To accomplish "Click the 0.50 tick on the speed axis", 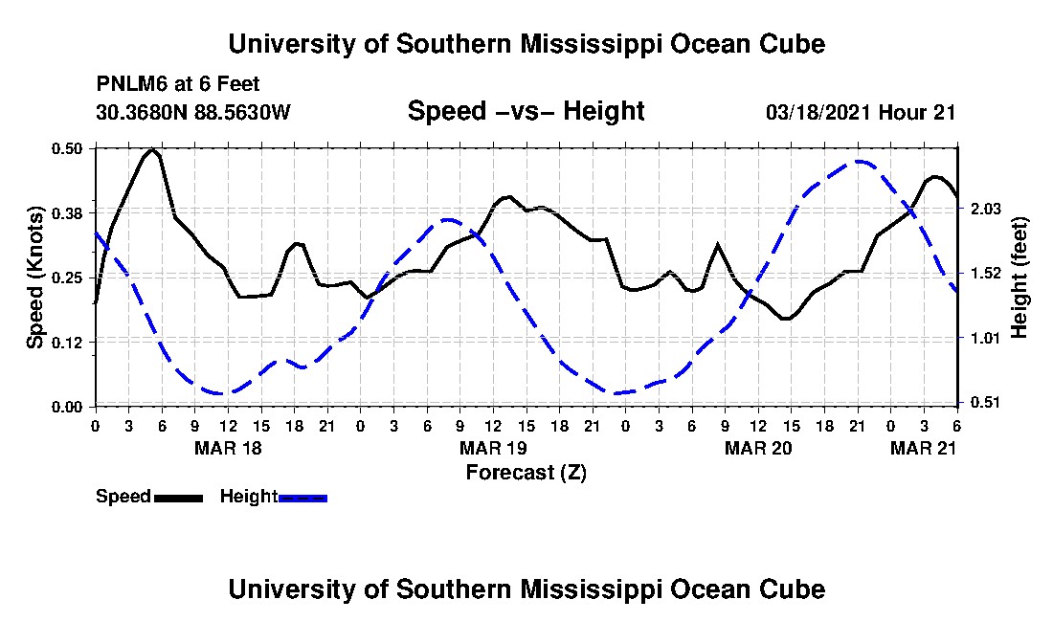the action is tap(67, 148).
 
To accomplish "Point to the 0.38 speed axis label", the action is tap(67, 213).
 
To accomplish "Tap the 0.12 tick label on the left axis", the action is tap(67, 343).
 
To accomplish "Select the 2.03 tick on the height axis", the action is tap(986, 209).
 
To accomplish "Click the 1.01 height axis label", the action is tap(986, 338).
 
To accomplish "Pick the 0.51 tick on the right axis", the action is tap(986, 403).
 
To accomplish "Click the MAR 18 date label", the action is tap(228, 448).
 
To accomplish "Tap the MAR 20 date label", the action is tap(758, 448).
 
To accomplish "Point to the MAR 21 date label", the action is tap(924, 448).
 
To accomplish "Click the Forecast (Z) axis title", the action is tap(526, 473).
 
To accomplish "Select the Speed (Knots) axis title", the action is tap(34, 278).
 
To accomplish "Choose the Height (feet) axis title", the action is tap(1019, 278).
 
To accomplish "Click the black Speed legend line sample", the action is tap(178, 498).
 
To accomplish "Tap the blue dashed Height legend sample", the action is tap(302, 498).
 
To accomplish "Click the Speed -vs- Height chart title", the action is tap(526, 111).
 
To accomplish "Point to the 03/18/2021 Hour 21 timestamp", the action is tap(861, 112).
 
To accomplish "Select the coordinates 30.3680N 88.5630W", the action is tap(193, 112).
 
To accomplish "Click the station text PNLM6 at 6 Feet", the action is tap(178, 84).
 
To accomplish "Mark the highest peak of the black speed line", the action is tap(153, 149).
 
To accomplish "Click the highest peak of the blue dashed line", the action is tap(858, 161).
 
